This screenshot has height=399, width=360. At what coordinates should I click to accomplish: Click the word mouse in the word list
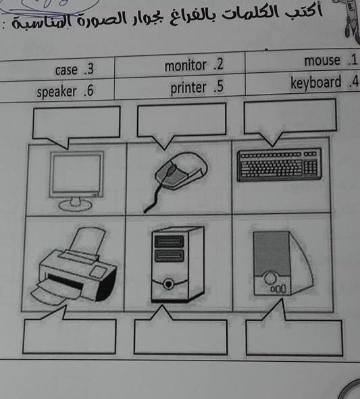[322, 61]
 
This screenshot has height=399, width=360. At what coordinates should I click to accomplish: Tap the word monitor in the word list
[185, 65]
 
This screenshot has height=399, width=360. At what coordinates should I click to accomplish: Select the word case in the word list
[66, 70]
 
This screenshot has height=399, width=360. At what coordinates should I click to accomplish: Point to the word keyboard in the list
[315, 82]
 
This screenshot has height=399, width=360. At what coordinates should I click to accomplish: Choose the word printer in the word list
[188, 88]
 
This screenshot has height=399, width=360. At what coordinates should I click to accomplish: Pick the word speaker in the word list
[57, 92]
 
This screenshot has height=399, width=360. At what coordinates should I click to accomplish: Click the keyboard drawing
[280, 164]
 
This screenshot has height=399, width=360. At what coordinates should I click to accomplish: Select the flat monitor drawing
[76, 181]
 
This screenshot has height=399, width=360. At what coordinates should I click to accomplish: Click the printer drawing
[74, 266]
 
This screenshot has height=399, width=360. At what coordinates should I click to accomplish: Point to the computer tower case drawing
[178, 264]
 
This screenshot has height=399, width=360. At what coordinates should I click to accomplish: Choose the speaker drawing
[282, 263]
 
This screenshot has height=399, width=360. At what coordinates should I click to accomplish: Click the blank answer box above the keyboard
[290, 117]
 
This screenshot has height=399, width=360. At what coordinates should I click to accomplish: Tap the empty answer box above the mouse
[182, 119]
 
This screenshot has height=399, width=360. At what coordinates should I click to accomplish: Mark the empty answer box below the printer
[70, 336]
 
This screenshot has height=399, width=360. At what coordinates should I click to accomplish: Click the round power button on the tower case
[168, 284]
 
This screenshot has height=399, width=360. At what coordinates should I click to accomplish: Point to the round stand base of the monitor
[75, 205]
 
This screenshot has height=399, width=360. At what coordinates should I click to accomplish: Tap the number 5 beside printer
[220, 86]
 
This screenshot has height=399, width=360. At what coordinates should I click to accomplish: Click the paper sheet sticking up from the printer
[88, 240]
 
